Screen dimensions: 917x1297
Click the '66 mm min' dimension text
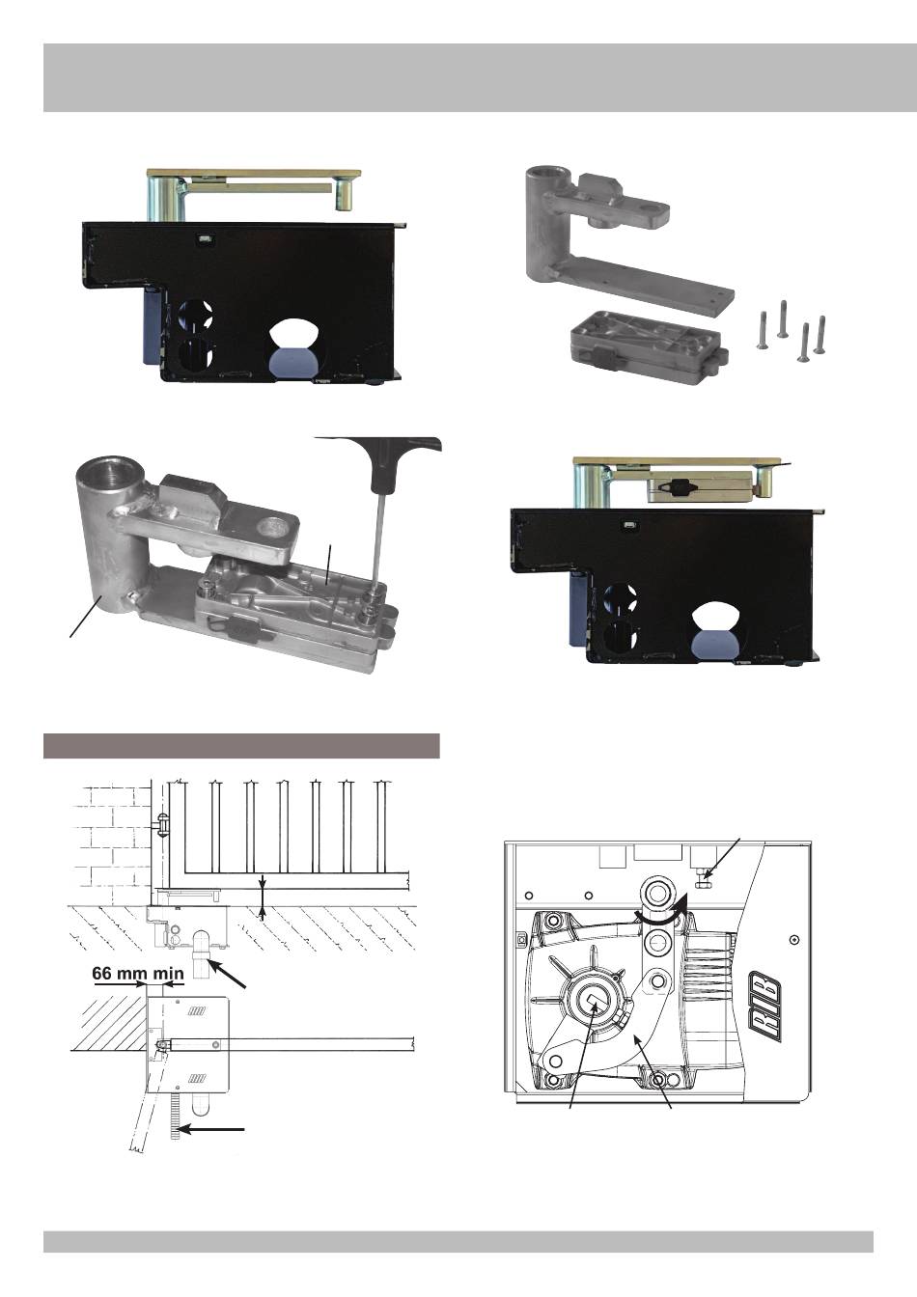137,974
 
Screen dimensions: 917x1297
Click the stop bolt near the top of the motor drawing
706,875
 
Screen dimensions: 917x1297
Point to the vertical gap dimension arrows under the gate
264,898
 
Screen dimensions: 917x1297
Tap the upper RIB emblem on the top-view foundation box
198,1010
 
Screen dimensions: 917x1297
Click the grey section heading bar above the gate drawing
241,746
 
